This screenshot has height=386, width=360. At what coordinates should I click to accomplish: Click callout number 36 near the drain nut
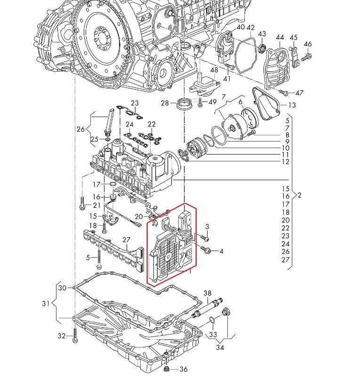point(184,369)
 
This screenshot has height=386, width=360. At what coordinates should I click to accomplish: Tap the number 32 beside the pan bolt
point(62,336)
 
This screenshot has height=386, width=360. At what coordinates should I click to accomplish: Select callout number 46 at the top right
point(308,45)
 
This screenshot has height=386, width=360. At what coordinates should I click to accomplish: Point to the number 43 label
point(262,34)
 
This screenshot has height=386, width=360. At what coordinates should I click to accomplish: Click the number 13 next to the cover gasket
point(292,105)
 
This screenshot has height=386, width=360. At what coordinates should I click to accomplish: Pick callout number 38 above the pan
point(208,293)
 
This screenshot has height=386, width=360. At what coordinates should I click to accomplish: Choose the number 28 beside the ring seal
point(165,103)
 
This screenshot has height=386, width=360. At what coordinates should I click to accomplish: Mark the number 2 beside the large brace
point(299,195)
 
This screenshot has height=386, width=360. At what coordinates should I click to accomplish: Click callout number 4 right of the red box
point(221,252)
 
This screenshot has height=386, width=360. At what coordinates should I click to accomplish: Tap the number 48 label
point(214,70)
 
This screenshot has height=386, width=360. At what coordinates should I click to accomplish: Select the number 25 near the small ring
point(95,139)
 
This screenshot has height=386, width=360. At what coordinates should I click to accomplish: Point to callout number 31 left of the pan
point(45,304)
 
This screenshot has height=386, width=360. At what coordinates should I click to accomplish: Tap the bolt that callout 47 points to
point(283,92)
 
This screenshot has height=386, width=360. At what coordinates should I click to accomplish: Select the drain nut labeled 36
point(168,369)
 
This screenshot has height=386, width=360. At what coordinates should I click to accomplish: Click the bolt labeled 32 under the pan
point(75,337)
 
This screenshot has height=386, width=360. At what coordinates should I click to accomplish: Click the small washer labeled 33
point(212,320)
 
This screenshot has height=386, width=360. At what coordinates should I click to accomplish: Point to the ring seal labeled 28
point(184,103)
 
